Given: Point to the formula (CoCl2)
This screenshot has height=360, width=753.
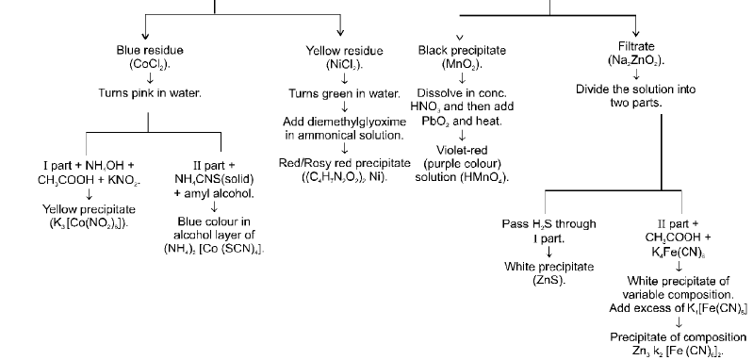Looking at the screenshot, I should coord(149,63).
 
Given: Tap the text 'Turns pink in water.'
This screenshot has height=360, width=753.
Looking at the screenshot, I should coord(149,93).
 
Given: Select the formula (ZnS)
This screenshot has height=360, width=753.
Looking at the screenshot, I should coord(549,281).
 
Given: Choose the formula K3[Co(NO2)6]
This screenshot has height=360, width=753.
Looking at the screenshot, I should coord(86,222).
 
